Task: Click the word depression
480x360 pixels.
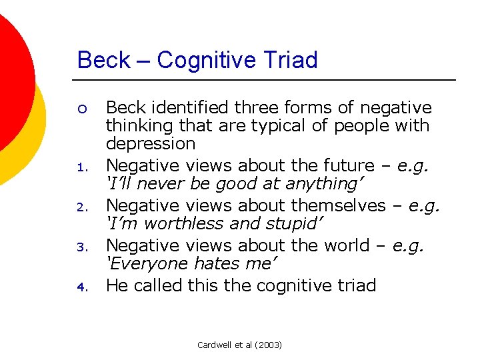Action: click(x=151, y=144)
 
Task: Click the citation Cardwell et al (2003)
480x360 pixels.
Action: click(x=240, y=345)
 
